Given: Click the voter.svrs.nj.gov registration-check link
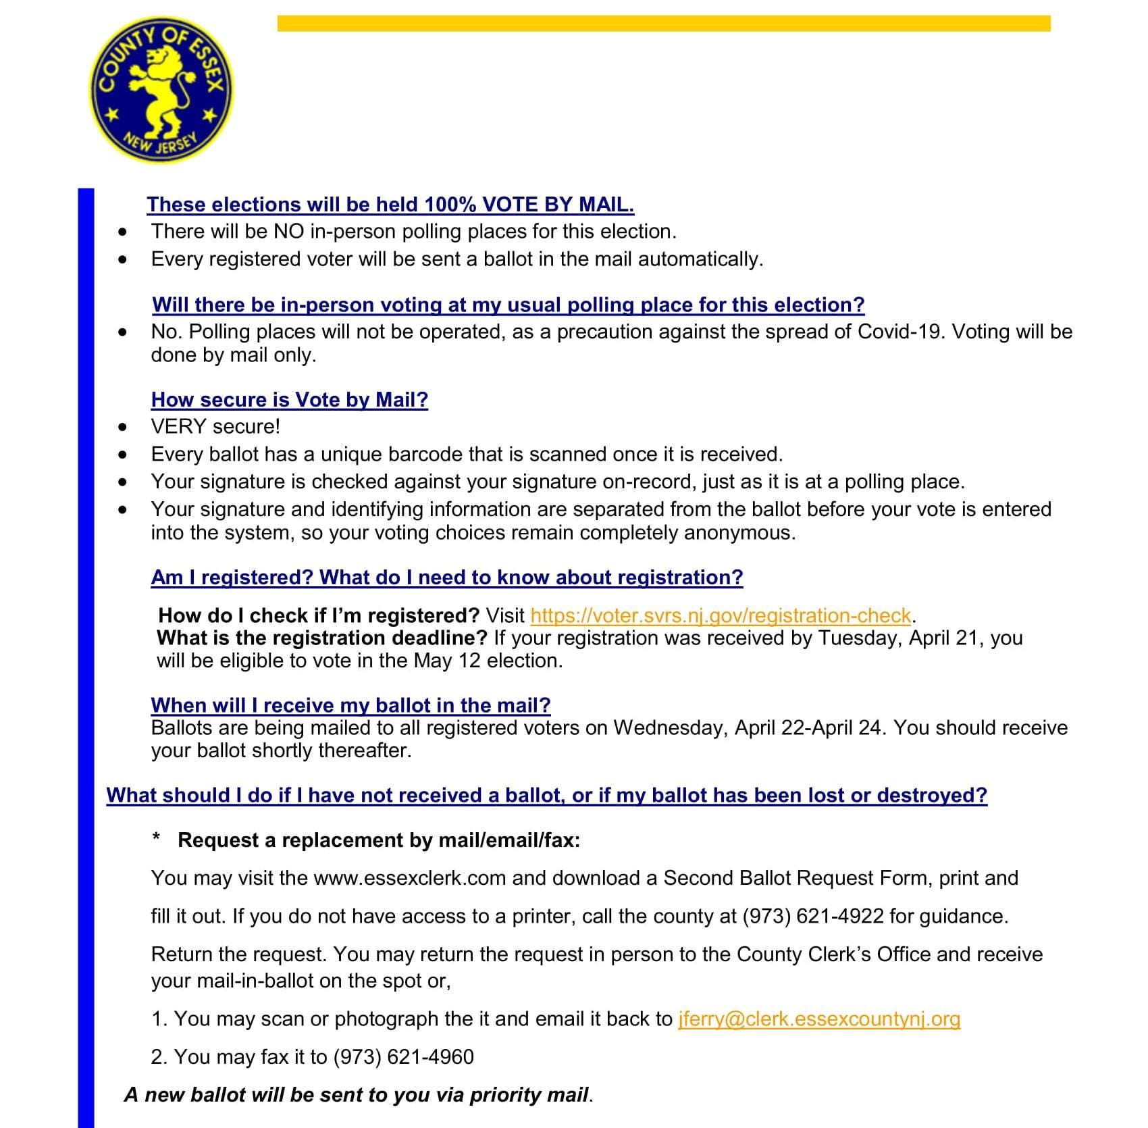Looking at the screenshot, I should (721, 615).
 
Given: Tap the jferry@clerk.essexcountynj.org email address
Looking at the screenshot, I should (818, 1019).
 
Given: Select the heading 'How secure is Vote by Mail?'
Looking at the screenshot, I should (290, 400).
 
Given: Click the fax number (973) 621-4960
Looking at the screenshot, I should (404, 1056).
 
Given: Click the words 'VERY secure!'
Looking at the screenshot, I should (215, 427).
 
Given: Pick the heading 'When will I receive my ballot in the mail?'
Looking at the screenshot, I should (350, 705).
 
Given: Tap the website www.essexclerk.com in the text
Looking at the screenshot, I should (410, 878).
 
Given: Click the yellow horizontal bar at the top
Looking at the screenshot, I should (663, 24).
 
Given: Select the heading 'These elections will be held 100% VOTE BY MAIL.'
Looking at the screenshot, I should (390, 205).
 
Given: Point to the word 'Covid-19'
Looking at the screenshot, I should (898, 332).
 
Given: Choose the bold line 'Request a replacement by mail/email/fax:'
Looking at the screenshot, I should (379, 840).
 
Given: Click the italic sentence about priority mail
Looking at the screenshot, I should (359, 1095).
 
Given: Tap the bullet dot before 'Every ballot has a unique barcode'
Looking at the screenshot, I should (122, 455).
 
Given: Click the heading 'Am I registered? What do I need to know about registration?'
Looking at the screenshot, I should (446, 578).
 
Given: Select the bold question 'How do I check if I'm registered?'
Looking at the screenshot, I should (319, 615).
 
